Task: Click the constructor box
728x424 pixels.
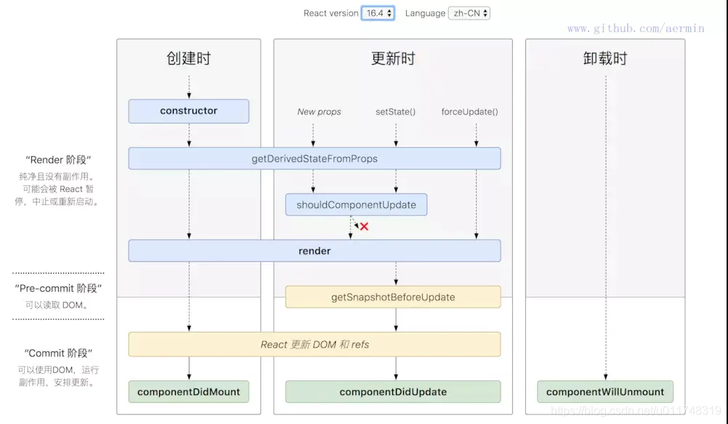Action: point(189,111)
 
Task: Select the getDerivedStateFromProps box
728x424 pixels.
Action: point(315,159)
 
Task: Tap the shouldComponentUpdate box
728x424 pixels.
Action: point(356,205)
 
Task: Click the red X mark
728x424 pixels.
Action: point(364,227)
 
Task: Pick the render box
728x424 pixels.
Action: point(315,251)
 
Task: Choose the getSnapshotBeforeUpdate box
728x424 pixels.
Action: point(393,297)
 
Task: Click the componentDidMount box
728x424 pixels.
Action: point(189,392)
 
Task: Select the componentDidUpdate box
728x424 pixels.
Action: point(393,392)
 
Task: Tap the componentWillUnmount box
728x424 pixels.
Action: point(605,392)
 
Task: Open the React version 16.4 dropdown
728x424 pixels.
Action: point(379,13)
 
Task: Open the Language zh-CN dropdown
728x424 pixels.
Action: point(469,13)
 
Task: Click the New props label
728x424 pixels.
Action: point(319,112)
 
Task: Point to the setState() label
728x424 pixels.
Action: point(395,112)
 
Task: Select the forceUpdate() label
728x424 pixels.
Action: point(470,112)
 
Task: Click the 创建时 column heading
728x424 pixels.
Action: point(188,59)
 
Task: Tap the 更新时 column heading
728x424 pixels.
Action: point(393,59)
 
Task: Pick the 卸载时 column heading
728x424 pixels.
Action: point(604,59)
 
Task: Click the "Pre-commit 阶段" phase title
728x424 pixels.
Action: point(58,289)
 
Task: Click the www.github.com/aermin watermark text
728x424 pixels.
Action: point(636,28)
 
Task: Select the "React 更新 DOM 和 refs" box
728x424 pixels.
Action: point(315,345)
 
